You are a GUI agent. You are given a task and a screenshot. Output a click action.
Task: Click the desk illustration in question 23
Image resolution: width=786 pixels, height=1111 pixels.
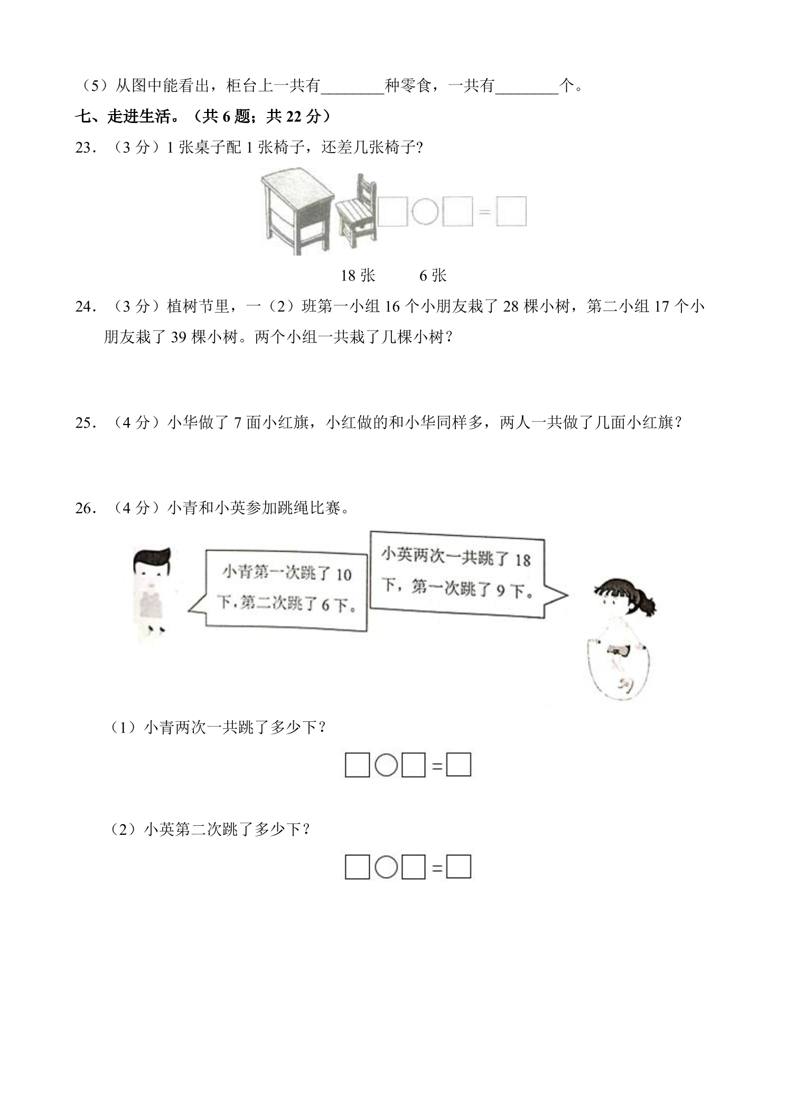[x=297, y=211]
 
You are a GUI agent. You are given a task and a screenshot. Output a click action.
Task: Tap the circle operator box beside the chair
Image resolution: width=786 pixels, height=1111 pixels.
[x=425, y=212]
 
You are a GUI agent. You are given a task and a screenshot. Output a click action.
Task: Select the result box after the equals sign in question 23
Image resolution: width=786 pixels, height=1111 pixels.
[x=511, y=212]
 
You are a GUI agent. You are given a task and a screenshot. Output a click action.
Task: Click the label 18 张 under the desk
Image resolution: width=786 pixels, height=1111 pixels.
[x=358, y=275]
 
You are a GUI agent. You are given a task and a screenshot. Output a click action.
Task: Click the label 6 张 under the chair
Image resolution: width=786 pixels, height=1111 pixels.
[x=433, y=275]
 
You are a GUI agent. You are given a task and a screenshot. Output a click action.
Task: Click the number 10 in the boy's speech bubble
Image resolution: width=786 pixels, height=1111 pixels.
[x=343, y=575]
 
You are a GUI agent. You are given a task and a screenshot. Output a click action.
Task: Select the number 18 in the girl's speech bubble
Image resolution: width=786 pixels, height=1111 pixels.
[x=522, y=560]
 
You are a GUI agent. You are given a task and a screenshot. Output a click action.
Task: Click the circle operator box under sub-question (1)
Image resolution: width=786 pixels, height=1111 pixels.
[x=386, y=765]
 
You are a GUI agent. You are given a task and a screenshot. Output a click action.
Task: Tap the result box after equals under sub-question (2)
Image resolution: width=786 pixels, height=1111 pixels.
[x=458, y=868]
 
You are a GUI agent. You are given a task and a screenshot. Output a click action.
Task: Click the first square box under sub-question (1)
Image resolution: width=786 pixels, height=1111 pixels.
[x=357, y=765]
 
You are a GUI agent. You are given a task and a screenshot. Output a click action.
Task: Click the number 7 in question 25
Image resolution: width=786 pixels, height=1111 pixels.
[x=238, y=422]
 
